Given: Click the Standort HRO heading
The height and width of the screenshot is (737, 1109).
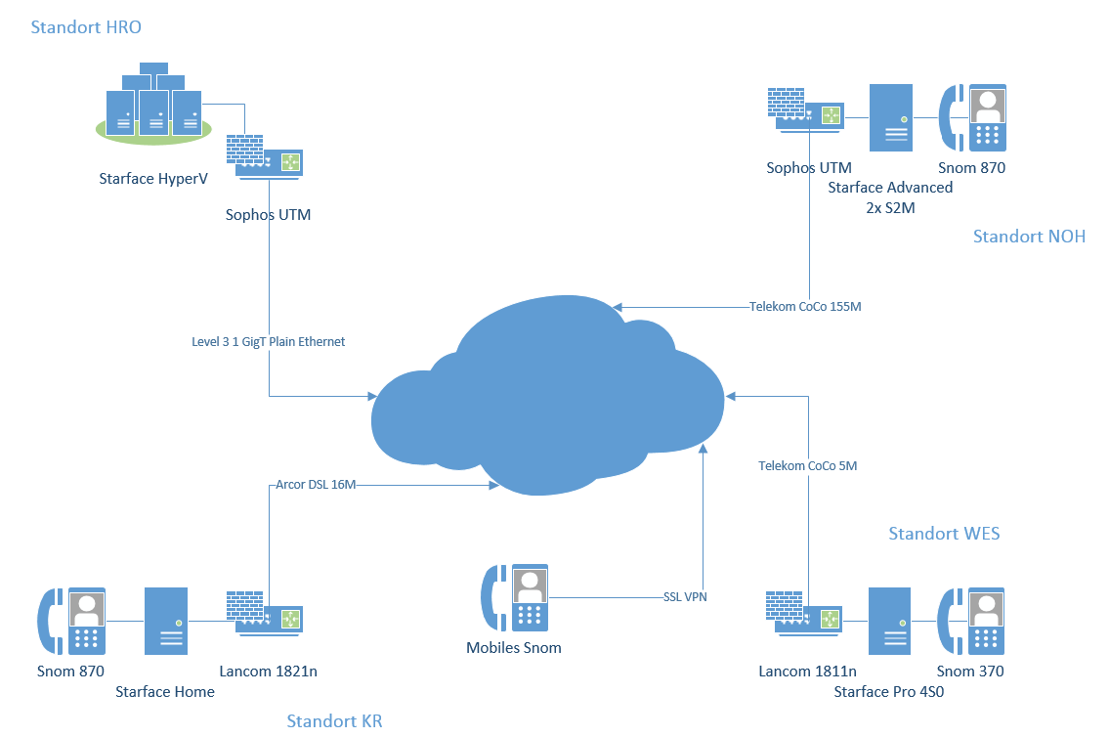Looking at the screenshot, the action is (86, 26).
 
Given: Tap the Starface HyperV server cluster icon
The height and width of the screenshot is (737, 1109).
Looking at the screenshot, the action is (153, 104).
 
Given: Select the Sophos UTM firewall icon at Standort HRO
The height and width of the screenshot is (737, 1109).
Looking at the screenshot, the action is (265, 157).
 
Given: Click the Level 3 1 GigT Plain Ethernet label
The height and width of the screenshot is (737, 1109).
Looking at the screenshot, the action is (268, 342).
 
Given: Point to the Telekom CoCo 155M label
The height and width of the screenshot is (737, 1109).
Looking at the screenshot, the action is (805, 306).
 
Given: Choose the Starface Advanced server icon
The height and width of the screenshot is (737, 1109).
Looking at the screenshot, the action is (890, 117).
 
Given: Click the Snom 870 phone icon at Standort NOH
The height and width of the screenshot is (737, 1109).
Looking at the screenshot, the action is (972, 117).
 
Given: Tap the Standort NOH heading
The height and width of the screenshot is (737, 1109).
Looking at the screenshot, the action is (1029, 237).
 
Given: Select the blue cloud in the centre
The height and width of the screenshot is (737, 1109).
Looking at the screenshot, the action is (547, 396).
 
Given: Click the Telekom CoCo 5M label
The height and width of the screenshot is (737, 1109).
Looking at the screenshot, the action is (808, 465).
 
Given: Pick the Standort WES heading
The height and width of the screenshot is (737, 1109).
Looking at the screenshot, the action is (944, 534).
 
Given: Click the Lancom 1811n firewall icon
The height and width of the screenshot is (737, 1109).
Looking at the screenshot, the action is (804, 613).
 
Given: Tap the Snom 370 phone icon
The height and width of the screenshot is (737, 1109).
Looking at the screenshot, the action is (971, 621).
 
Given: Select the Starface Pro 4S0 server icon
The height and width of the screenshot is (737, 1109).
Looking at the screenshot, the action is (890, 621).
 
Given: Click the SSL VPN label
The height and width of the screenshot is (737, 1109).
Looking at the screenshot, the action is (685, 597).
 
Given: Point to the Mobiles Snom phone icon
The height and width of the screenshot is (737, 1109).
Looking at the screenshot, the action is (514, 597).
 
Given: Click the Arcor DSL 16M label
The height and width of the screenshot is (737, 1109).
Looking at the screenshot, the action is (316, 485).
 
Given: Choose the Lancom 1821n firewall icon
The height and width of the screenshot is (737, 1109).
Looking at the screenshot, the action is (265, 613).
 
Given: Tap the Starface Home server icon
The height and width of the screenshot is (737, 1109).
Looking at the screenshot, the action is (166, 621).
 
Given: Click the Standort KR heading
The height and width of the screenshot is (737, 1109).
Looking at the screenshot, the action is (334, 720).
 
